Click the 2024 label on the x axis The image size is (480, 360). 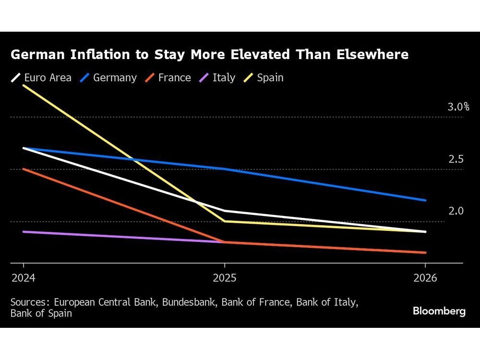click(x=24, y=278)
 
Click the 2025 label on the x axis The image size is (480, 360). click(x=224, y=278)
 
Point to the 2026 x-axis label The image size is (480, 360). click(x=425, y=278)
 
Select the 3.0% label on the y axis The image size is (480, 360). click(x=458, y=107)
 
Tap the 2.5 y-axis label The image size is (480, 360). click(x=456, y=159)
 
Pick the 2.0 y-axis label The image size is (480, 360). click(x=456, y=211)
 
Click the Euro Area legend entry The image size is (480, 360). click(x=42, y=78)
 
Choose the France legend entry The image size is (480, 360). click(x=168, y=78)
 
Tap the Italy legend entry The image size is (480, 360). click(x=218, y=78)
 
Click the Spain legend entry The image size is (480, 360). click(x=264, y=78)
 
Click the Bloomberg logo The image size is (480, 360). click(x=439, y=311)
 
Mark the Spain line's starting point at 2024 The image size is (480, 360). click(x=24, y=85)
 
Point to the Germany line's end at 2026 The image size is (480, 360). click(x=425, y=200)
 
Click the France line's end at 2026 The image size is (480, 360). click(x=425, y=252)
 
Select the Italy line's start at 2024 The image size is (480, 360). click(x=24, y=232)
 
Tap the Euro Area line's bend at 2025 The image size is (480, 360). click(x=224, y=211)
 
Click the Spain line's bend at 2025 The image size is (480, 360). click(x=224, y=221)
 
